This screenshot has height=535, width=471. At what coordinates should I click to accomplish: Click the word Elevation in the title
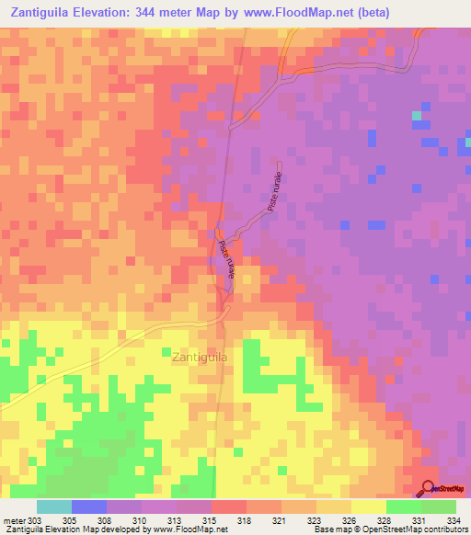click(121, 13)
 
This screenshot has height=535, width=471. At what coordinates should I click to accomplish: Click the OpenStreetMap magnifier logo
click(429, 488)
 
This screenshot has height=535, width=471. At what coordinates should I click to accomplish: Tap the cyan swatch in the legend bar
click(54, 507)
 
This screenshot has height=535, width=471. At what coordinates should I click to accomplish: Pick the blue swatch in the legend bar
click(89, 507)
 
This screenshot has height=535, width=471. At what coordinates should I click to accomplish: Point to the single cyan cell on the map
click(418, 116)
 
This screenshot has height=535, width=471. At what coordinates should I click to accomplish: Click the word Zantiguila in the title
click(40, 13)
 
